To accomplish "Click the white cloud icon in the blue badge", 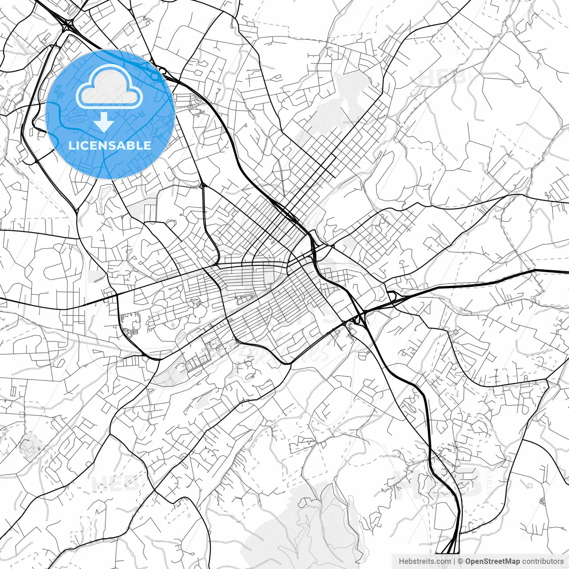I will click(109, 87).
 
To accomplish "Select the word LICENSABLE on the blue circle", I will click(110, 145).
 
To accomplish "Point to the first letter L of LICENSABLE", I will click(72, 145).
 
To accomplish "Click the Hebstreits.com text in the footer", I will click(425, 561).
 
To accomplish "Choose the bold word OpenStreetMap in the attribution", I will click(493, 561).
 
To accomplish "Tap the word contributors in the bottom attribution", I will click(543, 561).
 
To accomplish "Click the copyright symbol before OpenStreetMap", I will click(461, 561).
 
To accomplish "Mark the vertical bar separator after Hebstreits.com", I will click(454, 561).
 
